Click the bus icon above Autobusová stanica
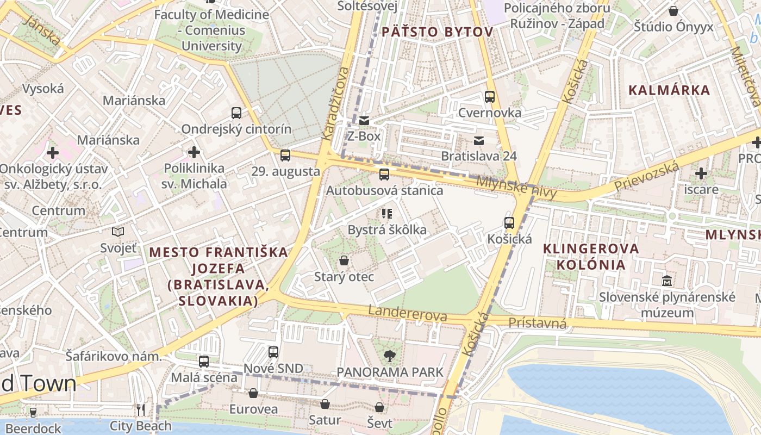pyautogui.click(x=384, y=175)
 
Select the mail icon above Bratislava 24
pyautogui.click(x=478, y=141)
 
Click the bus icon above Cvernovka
pyautogui.click(x=490, y=97)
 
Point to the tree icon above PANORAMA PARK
pyautogui.click(x=389, y=356)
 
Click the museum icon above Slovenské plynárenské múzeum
pyautogui.click(x=667, y=281)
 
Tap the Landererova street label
pyautogui.click(x=408, y=313)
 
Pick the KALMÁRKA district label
pyautogui.click(x=669, y=90)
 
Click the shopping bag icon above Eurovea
pyautogui.click(x=253, y=393)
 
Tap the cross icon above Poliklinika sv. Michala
pyautogui.click(x=194, y=152)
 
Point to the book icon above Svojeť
pyautogui.click(x=118, y=232)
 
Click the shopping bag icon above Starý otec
pyautogui.click(x=344, y=261)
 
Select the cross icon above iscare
pyautogui.click(x=701, y=174)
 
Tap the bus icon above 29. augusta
pyautogui.click(x=285, y=156)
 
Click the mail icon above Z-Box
pyautogui.click(x=364, y=120)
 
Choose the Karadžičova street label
pyautogui.click(x=335, y=103)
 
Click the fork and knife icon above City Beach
pyautogui.click(x=141, y=409)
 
